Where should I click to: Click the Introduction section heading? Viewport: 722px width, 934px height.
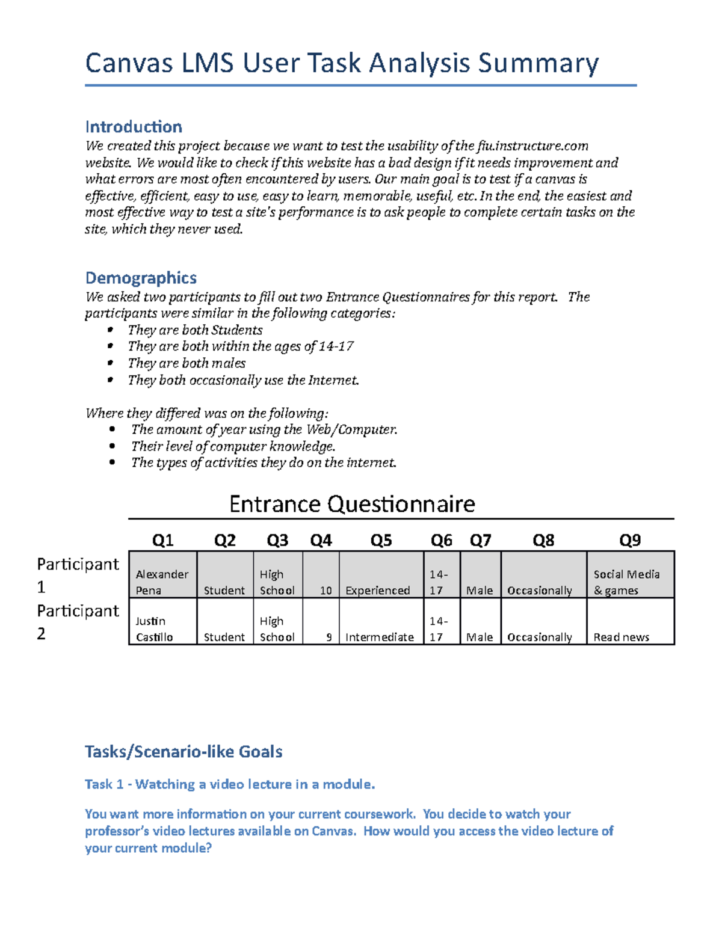coord(133,127)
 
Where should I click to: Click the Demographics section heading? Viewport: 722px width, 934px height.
coord(141,278)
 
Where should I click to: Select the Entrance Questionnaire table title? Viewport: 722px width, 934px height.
coord(352,504)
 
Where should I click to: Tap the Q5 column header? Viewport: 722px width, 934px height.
coord(381,540)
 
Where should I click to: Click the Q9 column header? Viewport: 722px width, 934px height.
coord(630,540)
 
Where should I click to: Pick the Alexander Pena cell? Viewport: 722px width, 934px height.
coord(162,582)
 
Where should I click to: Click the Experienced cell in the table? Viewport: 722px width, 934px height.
coord(378,590)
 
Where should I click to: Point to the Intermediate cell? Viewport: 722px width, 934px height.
coord(380,637)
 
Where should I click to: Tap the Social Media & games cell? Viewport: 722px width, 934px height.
coord(626,582)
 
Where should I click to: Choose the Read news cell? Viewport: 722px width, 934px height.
coord(621,637)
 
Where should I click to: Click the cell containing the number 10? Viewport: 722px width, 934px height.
coord(326,590)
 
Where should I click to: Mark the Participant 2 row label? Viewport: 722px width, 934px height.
coord(78,622)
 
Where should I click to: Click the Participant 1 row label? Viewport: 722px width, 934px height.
coord(78,575)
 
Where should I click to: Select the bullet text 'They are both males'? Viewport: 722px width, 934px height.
coord(187,363)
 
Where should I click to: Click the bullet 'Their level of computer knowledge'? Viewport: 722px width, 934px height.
coord(233,446)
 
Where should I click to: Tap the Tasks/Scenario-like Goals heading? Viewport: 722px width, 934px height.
coord(184,752)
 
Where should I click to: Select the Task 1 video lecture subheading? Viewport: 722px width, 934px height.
coord(230,784)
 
